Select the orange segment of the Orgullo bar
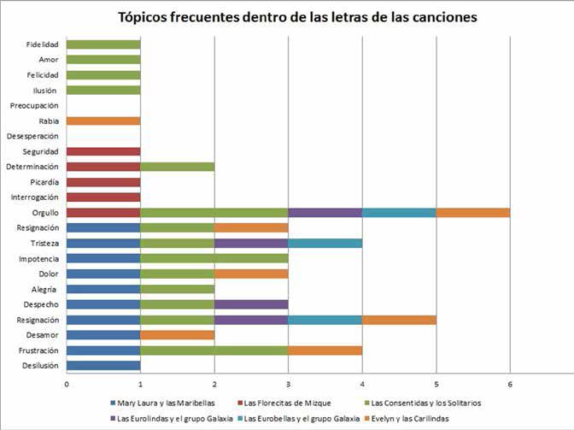tap(472, 213)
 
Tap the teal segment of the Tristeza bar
tap(325, 243)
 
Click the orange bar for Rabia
tap(102, 121)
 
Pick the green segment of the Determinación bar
tap(177, 167)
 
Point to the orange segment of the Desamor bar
tap(177, 334)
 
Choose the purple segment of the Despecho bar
tap(251, 304)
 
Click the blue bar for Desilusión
tap(102, 365)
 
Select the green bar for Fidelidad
tap(102, 44)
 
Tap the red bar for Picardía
tap(102, 182)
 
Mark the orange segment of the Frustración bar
tap(325, 350)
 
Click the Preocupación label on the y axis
tap(33, 105)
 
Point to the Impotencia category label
tap(38, 258)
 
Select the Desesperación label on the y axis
tap(32, 136)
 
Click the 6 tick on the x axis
tap(510, 384)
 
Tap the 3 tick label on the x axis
tap(288, 384)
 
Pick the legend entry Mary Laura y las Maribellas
tap(163, 403)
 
